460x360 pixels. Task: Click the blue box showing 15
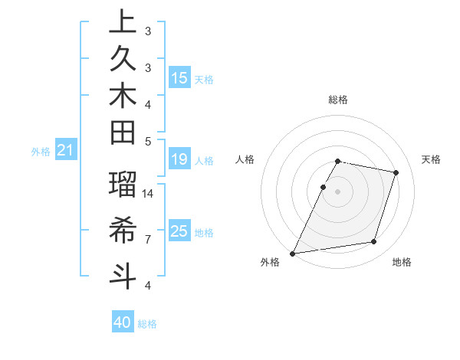tap(179, 78)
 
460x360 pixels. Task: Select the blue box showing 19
tap(179, 159)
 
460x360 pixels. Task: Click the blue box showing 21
tap(66, 151)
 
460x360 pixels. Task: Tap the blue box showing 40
tap(123, 322)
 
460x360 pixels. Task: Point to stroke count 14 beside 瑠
tap(149, 195)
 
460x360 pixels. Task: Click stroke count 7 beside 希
tap(147, 240)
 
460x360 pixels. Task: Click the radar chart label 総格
tap(337, 100)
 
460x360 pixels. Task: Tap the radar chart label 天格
tap(431, 159)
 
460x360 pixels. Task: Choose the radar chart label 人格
tap(245, 159)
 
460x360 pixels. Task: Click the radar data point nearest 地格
tap(374, 242)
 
